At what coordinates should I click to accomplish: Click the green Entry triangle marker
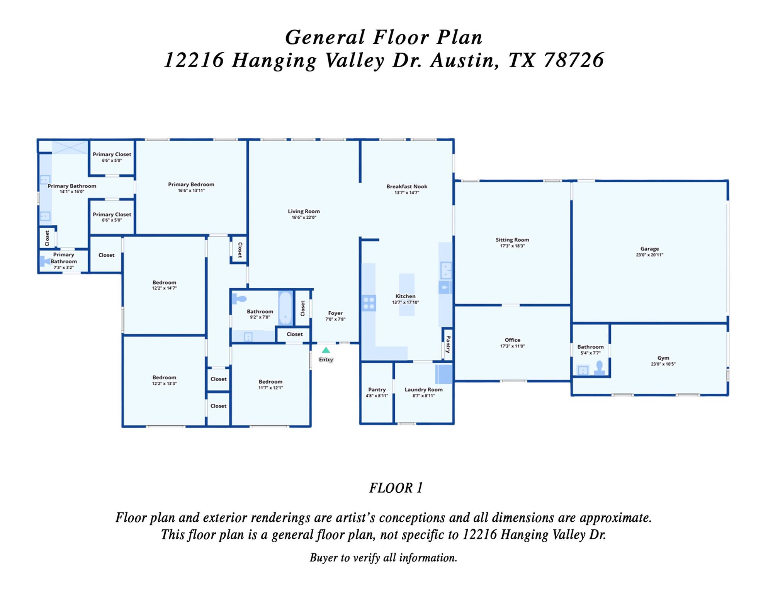pyautogui.click(x=326, y=350)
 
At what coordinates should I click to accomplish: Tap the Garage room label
pyautogui.click(x=649, y=249)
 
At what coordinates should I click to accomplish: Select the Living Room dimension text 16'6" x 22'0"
pyautogui.click(x=304, y=218)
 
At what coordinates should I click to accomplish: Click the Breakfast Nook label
pyautogui.click(x=407, y=186)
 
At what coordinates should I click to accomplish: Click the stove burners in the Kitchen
pyautogui.click(x=369, y=303)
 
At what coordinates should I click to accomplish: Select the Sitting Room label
pyautogui.click(x=512, y=240)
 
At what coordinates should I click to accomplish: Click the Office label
pyautogui.click(x=512, y=340)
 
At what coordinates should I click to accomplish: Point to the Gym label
pyautogui.click(x=663, y=358)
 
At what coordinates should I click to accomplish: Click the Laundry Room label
pyautogui.click(x=423, y=389)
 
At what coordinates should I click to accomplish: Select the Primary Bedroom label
pyautogui.click(x=191, y=184)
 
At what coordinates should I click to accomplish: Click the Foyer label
pyautogui.click(x=335, y=313)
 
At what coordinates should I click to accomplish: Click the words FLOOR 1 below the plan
pyautogui.click(x=396, y=488)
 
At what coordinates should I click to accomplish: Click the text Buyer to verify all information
pyautogui.click(x=383, y=558)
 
